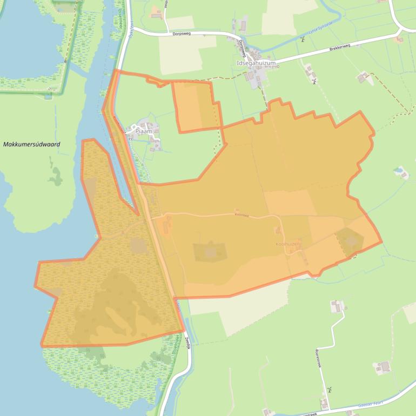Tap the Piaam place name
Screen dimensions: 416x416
click(144, 131)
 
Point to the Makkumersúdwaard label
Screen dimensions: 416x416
click(31, 145)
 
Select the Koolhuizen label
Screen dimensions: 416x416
click(288, 245)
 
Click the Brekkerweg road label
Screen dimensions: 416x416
click(339, 48)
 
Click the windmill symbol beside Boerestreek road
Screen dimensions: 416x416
click(327, 389)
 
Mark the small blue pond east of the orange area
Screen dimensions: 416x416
click(401, 173)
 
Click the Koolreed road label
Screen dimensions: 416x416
click(242, 215)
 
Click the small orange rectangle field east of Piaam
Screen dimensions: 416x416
click(196, 106)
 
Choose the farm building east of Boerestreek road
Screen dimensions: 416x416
click(383, 367)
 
